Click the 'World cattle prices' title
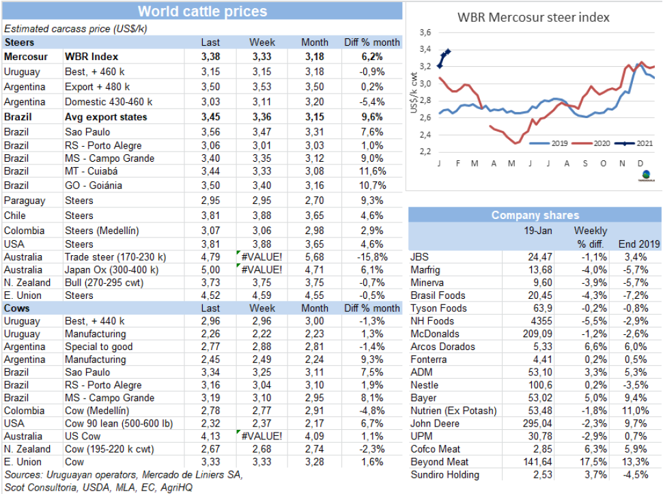pos(202,12)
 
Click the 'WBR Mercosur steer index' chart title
pos(533,17)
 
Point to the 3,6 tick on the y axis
pos(425,33)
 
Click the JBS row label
pos(420,257)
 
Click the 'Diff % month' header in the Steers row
pos(371,42)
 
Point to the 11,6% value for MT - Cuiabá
pos(373,171)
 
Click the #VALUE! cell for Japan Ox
pos(262,270)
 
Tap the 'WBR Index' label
pos(91,57)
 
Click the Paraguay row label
pos(25,201)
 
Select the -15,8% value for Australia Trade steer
pos(371,257)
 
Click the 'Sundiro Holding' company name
pos(445,475)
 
